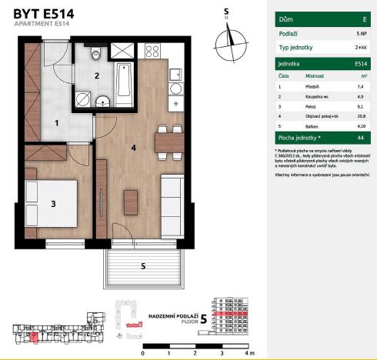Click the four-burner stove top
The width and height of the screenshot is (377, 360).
point(151,52)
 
